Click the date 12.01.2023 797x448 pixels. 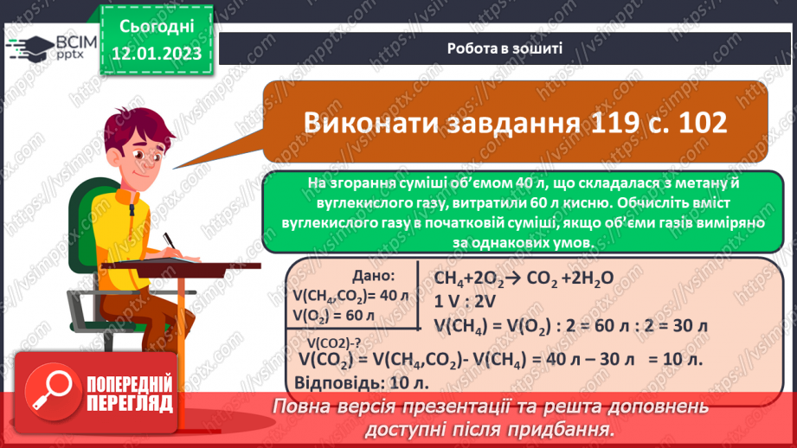157,53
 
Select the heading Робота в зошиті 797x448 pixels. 505,48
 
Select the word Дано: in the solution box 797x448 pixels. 374,276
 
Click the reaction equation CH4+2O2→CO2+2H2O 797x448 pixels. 511,278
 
